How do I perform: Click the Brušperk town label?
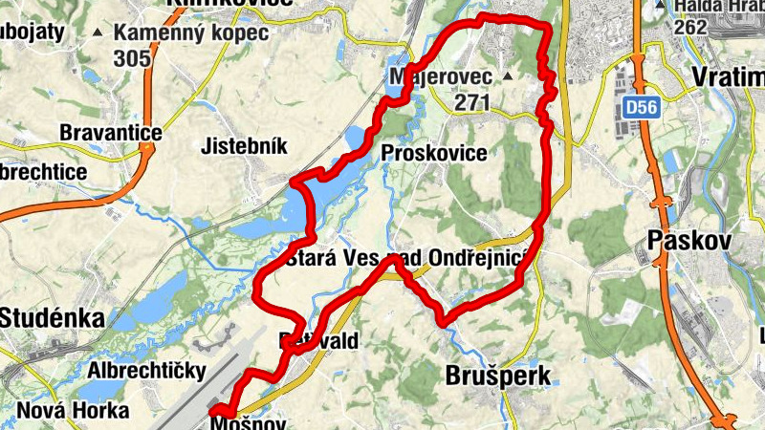498,376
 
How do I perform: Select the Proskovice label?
433,153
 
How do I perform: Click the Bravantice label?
110,131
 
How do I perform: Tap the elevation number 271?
472,101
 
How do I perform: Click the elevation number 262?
689,28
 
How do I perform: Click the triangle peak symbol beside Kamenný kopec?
98,33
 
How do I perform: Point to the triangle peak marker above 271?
508,75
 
